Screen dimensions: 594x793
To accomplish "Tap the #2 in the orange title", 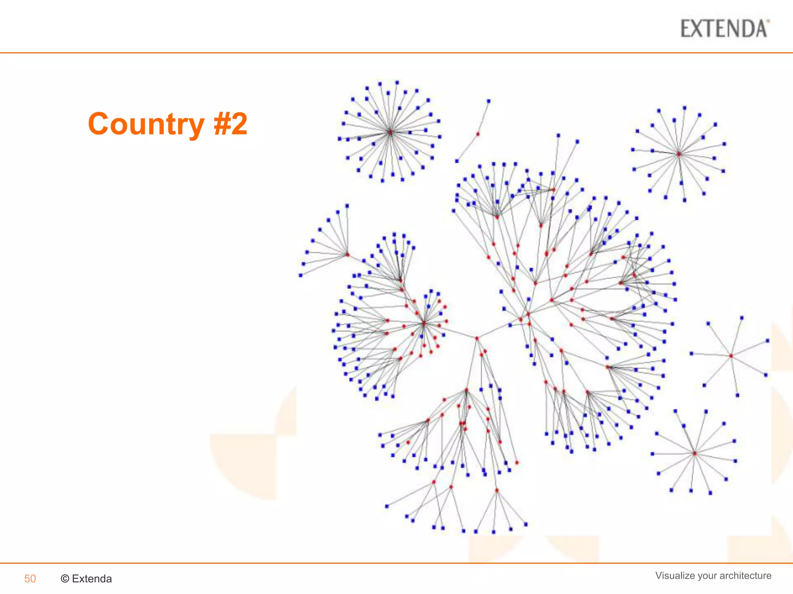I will click(230, 124).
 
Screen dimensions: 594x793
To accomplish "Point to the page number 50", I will click(30, 579).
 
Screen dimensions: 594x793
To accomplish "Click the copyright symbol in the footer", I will click(65, 579).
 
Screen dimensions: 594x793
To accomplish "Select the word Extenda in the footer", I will click(92, 579).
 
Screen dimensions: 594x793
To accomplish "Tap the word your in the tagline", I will click(706, 576).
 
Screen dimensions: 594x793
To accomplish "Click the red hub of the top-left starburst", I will click(390, 132).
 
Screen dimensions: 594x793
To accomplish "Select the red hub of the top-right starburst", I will click(679, 154).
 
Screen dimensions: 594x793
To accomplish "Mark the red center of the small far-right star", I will click(731, 356).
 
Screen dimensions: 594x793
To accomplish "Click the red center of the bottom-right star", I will click(695, 453).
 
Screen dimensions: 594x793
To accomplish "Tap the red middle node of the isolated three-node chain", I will click(478, 134).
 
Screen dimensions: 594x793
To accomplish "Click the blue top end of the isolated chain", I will click(489, 101).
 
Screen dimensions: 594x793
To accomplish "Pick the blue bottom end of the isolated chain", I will click(457, 161).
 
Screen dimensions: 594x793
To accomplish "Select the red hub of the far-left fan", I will click(348, 254).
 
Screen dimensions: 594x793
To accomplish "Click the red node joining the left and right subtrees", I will click(477, 338).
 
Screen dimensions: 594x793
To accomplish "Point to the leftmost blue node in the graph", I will click(300, 275).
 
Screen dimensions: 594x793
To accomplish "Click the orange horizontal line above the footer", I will click(396, 563).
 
